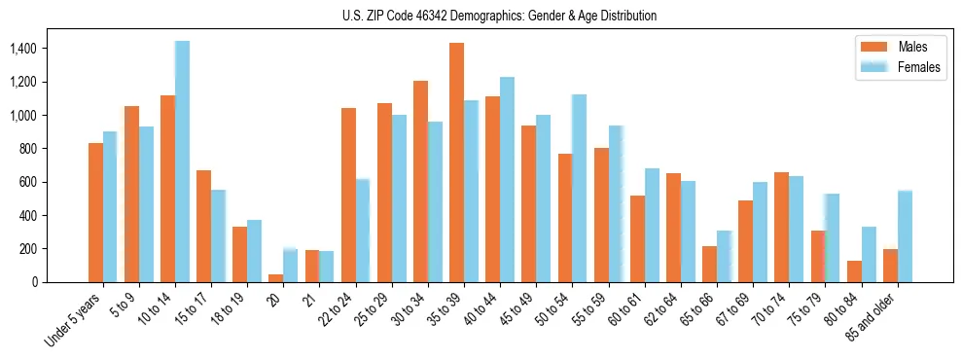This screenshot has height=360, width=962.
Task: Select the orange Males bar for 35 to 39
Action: [456, 162]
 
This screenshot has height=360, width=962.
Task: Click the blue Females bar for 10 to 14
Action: [182, 162]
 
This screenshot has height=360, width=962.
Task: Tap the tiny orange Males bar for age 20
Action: [275, 278]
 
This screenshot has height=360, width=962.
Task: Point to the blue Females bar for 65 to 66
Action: [724, 257]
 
